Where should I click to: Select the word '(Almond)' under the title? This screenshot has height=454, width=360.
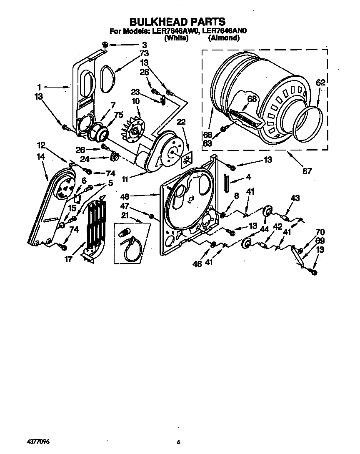224,38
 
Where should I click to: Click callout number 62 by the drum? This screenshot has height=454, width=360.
320,83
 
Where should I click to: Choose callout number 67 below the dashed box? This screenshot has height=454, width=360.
307,171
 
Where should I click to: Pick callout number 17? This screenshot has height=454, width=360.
68,259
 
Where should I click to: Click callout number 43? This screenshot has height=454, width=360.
295,198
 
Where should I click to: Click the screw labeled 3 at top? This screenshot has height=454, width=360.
105,44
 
